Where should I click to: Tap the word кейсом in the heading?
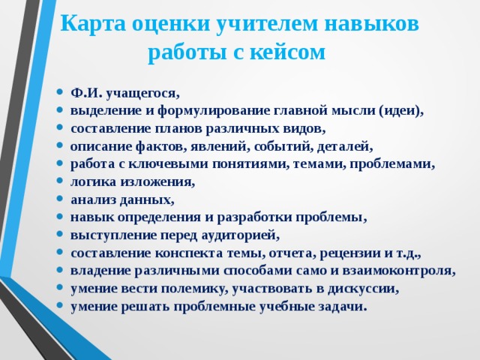click(289, 52)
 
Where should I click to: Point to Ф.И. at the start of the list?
click(86, 94)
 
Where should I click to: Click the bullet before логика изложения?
click(59, 182)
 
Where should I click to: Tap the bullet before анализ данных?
click(59, 200)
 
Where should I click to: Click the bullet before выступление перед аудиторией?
click(59, 235)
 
